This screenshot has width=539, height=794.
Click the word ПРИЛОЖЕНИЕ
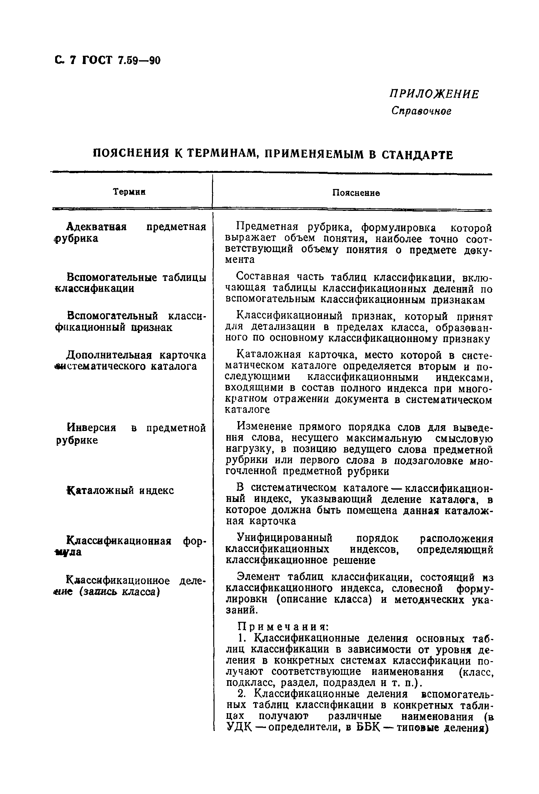[434, 94]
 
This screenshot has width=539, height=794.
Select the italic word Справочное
[421, 111]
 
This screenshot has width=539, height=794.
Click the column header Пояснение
[356, 193]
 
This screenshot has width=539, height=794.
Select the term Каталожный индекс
[120, 491]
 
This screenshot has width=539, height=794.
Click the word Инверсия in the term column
[92, 428]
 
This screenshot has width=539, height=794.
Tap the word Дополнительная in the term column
[109, 355]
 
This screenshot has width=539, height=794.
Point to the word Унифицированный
[284, 538]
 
